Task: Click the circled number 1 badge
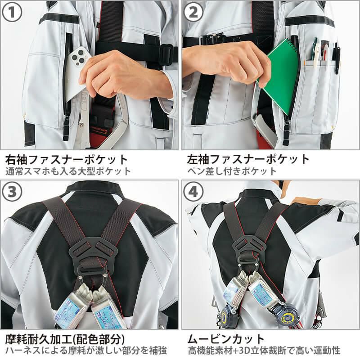[12, 12]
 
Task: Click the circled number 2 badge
[193, 12]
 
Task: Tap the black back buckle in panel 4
[249, 250]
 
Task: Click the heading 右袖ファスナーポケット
[67, 159]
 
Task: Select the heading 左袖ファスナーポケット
[248, 159]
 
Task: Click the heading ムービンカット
[226, 339]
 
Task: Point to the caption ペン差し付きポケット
[232, 171]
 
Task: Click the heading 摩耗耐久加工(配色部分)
[65, 339]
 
